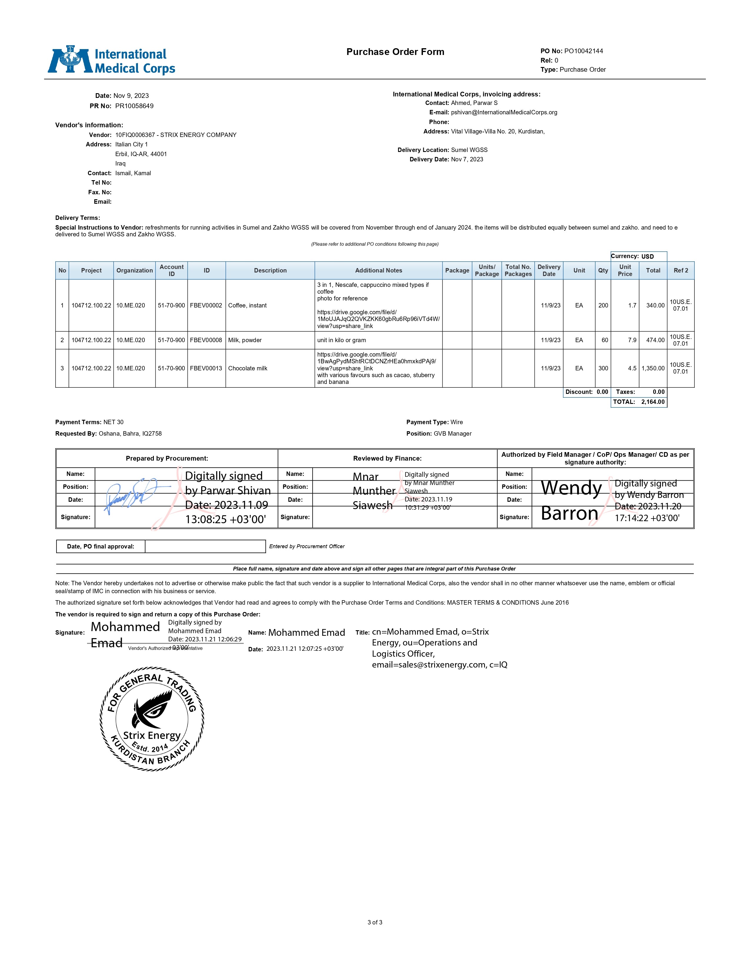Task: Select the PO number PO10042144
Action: point(584,51)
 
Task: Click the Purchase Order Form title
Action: point(395,52)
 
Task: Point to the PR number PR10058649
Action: point(134,106)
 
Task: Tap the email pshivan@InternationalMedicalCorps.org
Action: point(504,112)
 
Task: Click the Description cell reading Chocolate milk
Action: point(247,368)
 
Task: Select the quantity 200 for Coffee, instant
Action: point(603,306)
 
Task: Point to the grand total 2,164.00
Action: point(653,402)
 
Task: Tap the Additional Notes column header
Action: point(378,270)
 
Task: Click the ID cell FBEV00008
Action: point(206,340)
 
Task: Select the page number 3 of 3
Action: point(374,922)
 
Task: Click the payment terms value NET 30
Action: point(113,422)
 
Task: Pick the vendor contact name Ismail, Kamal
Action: point(133,173)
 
